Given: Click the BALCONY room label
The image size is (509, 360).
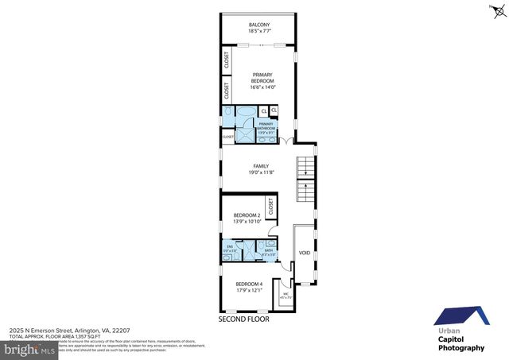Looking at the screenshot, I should [259, 25].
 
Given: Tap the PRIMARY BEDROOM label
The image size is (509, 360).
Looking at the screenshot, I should [262, 78].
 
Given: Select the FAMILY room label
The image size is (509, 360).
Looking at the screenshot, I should [261, 166].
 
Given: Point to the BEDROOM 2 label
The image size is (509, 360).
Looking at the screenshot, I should [247, 215].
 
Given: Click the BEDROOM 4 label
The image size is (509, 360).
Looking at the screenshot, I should [249, 284].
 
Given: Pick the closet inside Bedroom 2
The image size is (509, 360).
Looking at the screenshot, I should [270, 207].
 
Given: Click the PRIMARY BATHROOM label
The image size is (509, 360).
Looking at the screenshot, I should [266, 125].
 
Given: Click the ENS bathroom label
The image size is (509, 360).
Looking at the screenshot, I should [229, 248].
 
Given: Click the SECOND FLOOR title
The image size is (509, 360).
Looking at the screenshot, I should [244, 319].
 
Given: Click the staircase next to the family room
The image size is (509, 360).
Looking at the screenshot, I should [305, 180].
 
